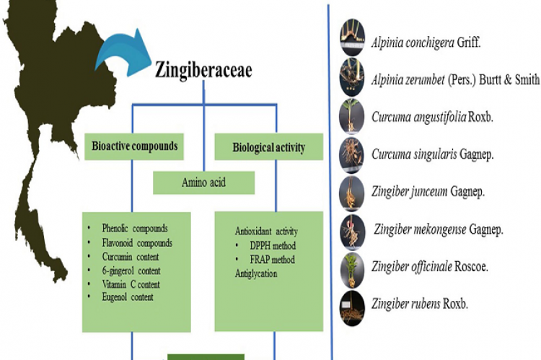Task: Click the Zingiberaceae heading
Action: point(204,69)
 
